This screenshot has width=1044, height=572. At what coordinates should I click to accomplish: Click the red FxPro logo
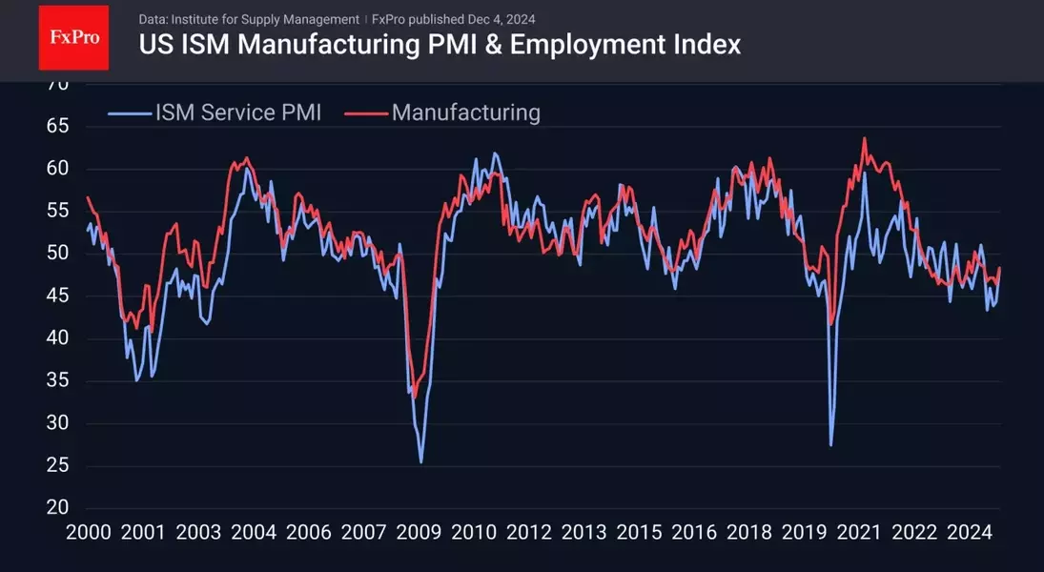click(x=73, y=37)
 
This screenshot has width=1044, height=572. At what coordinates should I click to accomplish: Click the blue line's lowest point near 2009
click(x=420, y=462)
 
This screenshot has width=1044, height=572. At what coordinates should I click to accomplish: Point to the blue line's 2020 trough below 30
click(x=831, y=445)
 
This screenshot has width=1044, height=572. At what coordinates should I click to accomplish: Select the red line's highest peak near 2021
click(x=864, y=138)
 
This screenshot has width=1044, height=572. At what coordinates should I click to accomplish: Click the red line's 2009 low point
click(x=413, y=398)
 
